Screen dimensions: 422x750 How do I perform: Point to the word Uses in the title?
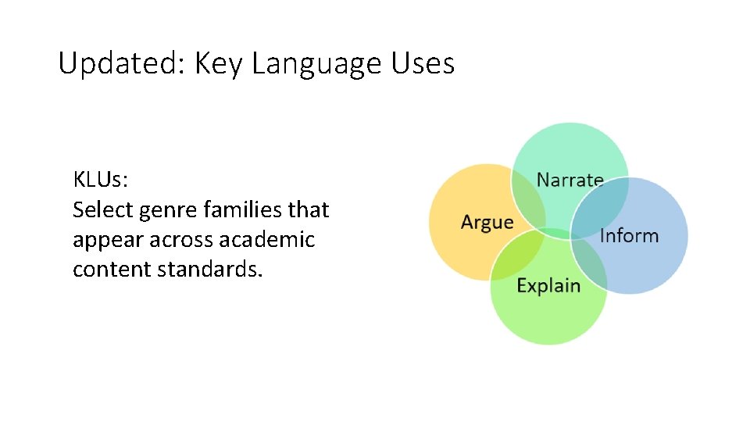(423, 63)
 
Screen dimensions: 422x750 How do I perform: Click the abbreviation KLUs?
(101, 180)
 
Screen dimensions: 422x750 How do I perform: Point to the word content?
(112, 269)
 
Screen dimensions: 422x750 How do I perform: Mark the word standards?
(210, 269)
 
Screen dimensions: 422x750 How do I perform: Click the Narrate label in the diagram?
(570, 180)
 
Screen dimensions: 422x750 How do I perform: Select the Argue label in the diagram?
(487, 222)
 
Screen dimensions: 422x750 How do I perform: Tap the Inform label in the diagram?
(629, 235)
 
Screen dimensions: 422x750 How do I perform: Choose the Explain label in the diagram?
(548, 285)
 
